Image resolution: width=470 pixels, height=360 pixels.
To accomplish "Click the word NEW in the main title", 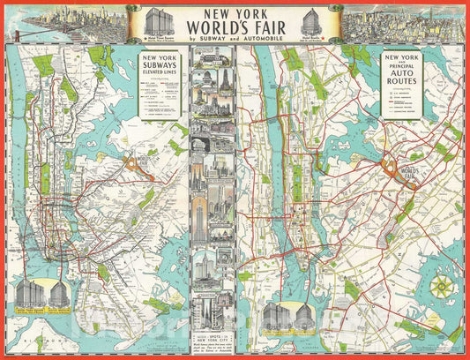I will (208, 15).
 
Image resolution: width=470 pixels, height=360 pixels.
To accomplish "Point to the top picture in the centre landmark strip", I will (213, 58).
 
